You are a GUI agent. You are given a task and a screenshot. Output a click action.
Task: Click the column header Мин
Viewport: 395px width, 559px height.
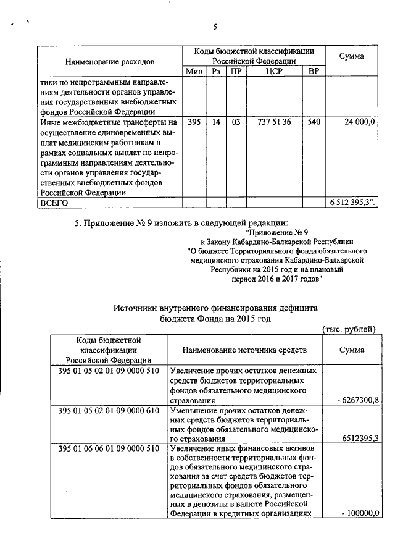click(194, 72)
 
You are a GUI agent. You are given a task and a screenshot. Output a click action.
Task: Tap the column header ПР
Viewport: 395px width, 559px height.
click(236, 72)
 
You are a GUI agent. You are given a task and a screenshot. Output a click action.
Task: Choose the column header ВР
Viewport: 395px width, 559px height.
click(314, 72)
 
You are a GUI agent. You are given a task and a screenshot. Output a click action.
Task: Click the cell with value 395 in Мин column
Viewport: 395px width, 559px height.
click(194, 122)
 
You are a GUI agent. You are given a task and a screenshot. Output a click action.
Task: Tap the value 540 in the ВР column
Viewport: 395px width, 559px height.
click(314, 122)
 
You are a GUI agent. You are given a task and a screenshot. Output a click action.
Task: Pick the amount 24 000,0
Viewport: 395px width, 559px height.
click(359, 122)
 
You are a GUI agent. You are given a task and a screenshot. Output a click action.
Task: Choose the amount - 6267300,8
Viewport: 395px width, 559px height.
click(357, 401)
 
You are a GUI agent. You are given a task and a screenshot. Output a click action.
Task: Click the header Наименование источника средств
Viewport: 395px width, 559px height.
click(244, 350)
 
